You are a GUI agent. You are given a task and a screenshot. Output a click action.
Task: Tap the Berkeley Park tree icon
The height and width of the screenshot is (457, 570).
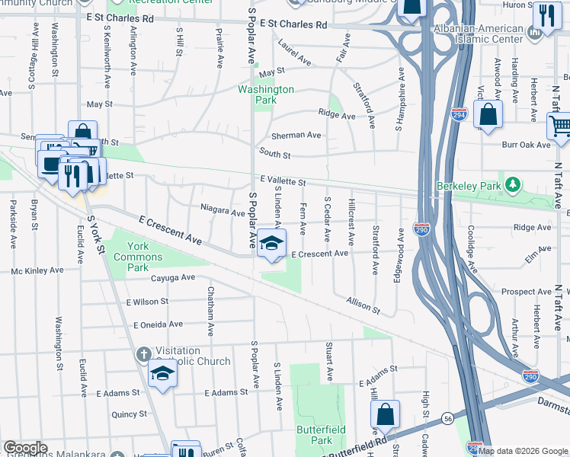point(514,184)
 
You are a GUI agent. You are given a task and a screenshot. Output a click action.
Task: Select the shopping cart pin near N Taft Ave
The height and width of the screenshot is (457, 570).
point(560,126)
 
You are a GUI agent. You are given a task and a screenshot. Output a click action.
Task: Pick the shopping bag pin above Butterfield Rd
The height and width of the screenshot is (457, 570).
point(386,414)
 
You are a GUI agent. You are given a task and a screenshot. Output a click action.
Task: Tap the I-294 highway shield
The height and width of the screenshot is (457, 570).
point(459,114)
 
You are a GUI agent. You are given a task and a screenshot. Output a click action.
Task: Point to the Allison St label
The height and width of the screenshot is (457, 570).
point(363,305)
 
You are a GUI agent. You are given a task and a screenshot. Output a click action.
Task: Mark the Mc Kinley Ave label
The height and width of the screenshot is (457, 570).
point(37,270)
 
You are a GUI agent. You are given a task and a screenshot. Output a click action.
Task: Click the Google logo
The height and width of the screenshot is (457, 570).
point(25,448)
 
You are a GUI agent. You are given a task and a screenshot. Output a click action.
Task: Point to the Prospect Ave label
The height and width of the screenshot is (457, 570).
point(527,292)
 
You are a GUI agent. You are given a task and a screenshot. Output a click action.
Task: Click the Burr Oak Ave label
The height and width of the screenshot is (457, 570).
point(526,144)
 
